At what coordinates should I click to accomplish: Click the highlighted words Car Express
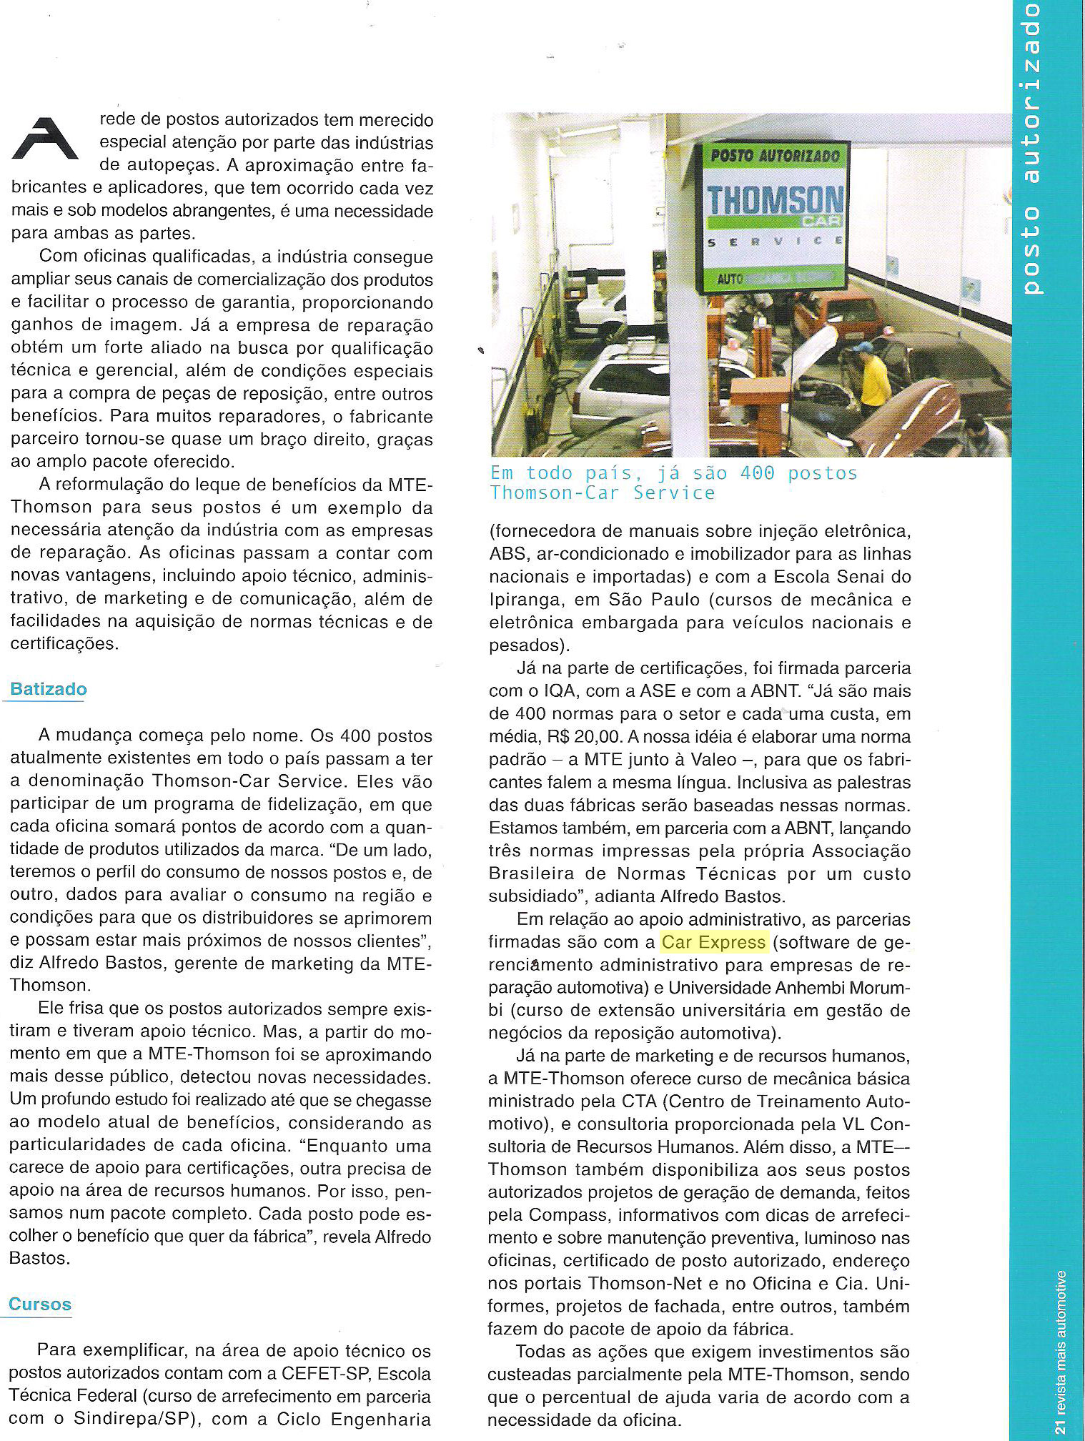[x=714, y=942]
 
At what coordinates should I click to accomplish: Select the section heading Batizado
[x=49, y=689]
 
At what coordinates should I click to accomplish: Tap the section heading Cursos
[x=40, y=1304]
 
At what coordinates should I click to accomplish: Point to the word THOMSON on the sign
[x=774, y=200]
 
